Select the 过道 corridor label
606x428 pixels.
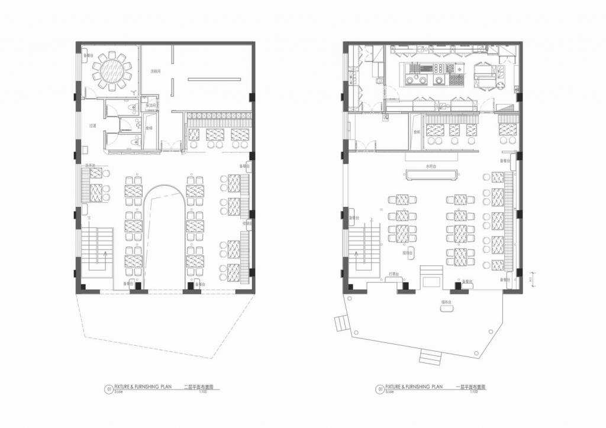click(x=92, y=125)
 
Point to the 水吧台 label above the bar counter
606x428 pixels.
click(x=431, y=167)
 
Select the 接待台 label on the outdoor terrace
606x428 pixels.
click(x=446, y=302)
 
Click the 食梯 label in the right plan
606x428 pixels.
click(x=417, y=131)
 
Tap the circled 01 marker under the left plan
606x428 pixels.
click(x=109, y=389)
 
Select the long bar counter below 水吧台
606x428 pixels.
click(x=431, y=173)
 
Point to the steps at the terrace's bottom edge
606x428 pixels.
click(x=430, y=356)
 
